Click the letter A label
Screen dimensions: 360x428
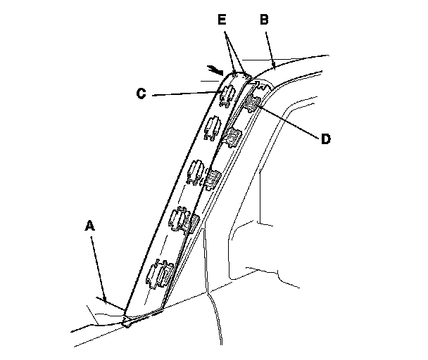coord(89,226)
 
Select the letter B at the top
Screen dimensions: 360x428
coord(265,20)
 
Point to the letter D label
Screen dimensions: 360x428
coord(325,139)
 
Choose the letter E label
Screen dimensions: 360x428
coord(222,21)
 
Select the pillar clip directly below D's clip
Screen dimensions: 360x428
coord(233,136)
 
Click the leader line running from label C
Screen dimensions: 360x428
coord(187,94)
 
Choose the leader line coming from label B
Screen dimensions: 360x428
coord(270,46)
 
